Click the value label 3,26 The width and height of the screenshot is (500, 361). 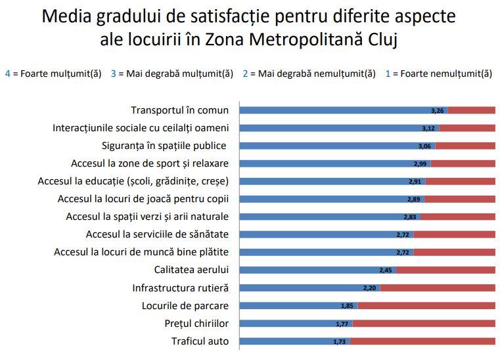pyautogui.click(x=438, y=110)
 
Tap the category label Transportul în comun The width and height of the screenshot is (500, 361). pyautogui.click(x=179, y=110)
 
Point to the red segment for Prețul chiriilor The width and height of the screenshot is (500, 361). pyautogui.click(x=424, y=324)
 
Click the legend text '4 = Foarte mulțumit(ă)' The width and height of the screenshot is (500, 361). pyautogui.click(x=53, y=74)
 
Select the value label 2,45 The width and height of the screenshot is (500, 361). pyautogui.click(x=386, y=270)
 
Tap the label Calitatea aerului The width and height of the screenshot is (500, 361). pyautogui.click(x=191, y=270)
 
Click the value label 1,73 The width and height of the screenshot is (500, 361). pyautogui.click(x=340, y=341)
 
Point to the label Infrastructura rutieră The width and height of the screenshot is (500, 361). pyautogui.click(x=180, y=287)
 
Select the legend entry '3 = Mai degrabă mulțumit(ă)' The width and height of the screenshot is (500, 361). pyautogui.click(x=172, y=74)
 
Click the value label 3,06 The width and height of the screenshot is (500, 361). pyautogui.click(x=425, y=146)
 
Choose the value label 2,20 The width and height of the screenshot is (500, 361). pyautogui.click(x=370, y=288)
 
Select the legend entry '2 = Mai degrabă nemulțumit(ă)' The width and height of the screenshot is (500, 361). pyautogui.click(x=309, y=74)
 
